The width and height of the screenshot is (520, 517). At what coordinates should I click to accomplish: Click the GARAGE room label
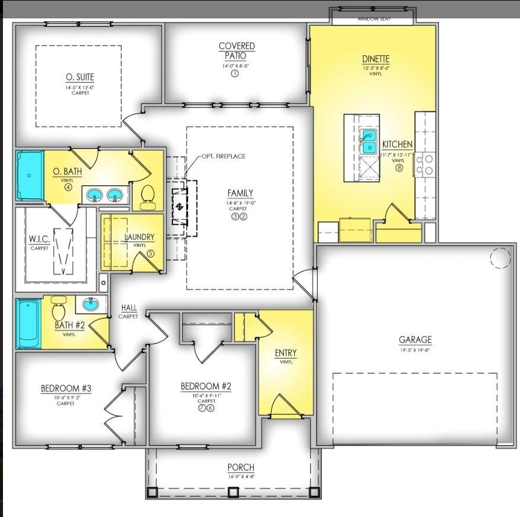[415, 340]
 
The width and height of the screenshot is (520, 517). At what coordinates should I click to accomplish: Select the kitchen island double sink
[369, 141]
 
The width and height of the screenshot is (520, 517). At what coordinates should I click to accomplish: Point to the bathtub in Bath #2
[28, 324]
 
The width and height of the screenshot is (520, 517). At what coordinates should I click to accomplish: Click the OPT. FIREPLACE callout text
[224, 156]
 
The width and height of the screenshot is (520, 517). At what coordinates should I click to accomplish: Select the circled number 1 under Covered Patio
[234, 74]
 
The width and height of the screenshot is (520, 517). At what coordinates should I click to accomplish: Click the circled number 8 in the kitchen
[399, 168]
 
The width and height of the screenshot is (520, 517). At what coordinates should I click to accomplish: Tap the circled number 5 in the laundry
[150, 253]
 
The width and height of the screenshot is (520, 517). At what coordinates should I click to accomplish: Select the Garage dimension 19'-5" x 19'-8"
[415, 350]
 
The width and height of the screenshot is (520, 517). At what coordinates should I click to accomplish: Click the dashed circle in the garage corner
[500, 257]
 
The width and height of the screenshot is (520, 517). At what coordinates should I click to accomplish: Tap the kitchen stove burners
[424, 164]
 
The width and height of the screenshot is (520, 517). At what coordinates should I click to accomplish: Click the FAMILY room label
[240, 193]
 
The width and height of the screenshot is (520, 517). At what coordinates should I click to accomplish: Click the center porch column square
[233, 492]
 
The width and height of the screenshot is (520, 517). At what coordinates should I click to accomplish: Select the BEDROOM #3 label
[66, 389]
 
